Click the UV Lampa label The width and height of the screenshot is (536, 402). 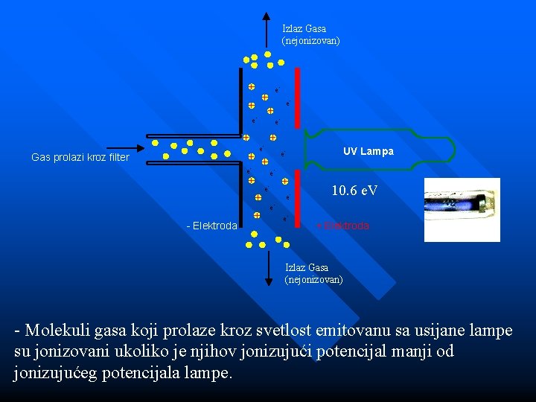pos(368,151)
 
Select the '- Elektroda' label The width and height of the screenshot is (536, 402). pos(211,226)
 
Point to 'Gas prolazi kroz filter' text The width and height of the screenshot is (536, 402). pos(80,158)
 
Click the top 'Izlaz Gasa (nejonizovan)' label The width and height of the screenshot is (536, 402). pos(310,35)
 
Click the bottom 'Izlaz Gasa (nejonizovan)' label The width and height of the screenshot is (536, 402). pos(313,273)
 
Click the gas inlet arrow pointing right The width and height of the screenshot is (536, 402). pos(130,147)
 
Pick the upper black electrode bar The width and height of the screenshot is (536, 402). pos(241,100)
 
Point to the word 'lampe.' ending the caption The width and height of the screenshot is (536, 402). pos(208,372)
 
